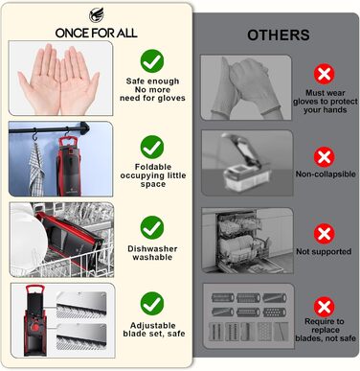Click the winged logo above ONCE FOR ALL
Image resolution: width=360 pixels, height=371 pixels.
click(97, 15)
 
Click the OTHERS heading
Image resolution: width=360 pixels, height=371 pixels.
click(279, 35)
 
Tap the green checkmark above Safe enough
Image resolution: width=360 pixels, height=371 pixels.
click(152, 60)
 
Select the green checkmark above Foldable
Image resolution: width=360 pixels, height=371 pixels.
click(152, 147)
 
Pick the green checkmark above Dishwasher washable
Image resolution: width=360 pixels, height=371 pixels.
click(152, 227)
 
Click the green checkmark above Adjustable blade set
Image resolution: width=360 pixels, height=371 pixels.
click(152, 304)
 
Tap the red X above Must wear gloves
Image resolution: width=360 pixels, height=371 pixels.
click(325, 74)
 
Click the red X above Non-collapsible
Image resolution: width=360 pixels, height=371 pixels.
click(325, 157)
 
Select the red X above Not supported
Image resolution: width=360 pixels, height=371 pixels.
click(325, 234)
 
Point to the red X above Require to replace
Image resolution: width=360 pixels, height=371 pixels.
click(325, 307)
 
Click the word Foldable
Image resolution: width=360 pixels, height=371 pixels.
click(153, 167)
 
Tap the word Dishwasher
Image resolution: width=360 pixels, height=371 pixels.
click(152, 248)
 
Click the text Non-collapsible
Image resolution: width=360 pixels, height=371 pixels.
click(326, 174)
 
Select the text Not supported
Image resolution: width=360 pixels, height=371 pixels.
click(324, 251)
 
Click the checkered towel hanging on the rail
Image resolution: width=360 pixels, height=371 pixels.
click(36, 170)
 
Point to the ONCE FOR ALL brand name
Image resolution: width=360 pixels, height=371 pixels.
click(97, 33)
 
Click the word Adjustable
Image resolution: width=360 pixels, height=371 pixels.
click(153, 326)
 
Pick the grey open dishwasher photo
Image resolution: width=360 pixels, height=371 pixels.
click(247, 241)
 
